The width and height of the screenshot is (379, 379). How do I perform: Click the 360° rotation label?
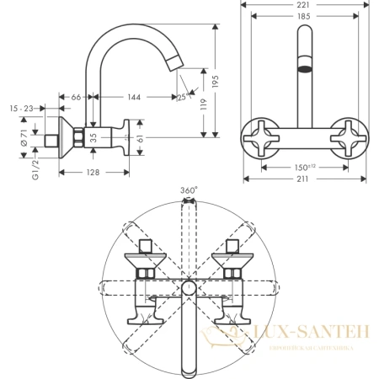click(189, 190)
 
